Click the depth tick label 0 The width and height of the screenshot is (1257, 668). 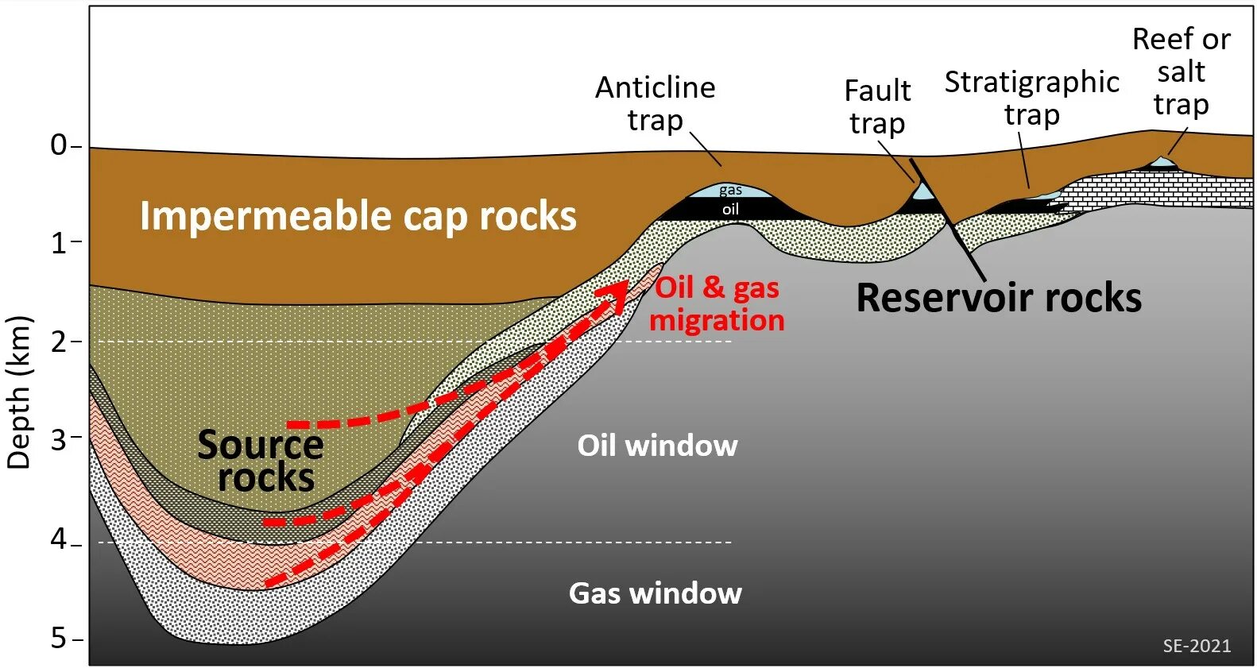coord(59,145)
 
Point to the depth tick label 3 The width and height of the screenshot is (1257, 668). coord(59,438)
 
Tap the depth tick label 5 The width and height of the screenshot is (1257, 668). coord(59,638)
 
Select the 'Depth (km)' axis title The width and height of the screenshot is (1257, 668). coord(19,392)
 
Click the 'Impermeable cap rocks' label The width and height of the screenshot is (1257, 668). coord(358,216)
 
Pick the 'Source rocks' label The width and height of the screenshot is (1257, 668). coord(261,461)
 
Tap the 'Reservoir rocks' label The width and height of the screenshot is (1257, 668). coord(999,299)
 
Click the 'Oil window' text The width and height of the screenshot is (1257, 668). coord(657,446)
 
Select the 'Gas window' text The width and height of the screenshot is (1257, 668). coord(656,593)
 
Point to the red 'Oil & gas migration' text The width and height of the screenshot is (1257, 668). coord(717,303)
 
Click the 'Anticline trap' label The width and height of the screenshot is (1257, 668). coord(656,103)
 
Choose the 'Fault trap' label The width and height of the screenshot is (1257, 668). coord(877,106)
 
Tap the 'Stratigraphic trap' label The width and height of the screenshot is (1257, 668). coord(1031,98)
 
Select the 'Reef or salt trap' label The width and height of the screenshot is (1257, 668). coord(1182,71)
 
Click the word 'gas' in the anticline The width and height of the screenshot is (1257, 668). coord(730,190)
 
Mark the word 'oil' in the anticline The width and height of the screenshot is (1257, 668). coord(730,209)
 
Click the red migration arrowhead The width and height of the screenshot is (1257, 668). coord(615,295)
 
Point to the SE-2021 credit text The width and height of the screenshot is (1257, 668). coord(1197,646)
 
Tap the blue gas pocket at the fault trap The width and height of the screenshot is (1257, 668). coord(922,192)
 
